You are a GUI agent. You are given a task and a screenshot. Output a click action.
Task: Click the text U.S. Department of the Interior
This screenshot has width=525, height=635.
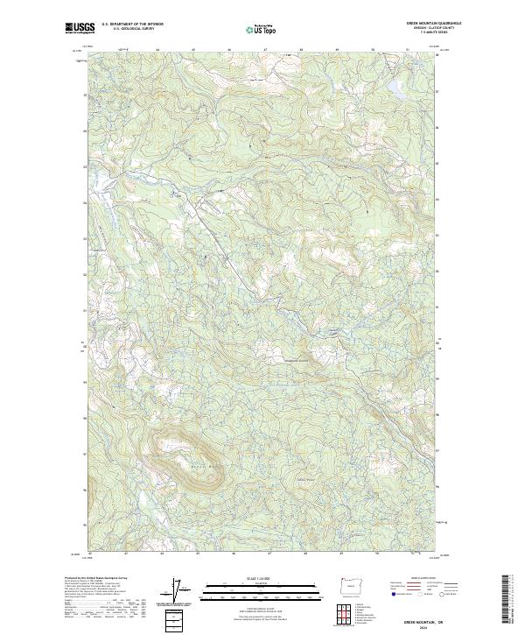click(132, 24)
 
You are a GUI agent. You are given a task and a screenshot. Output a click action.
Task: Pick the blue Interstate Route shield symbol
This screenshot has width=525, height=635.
click(393, 595)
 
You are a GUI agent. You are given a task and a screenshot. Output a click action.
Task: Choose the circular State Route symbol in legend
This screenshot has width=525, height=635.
click(441, 595)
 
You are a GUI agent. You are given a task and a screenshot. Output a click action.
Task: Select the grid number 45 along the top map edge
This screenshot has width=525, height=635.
click(192, 50)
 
